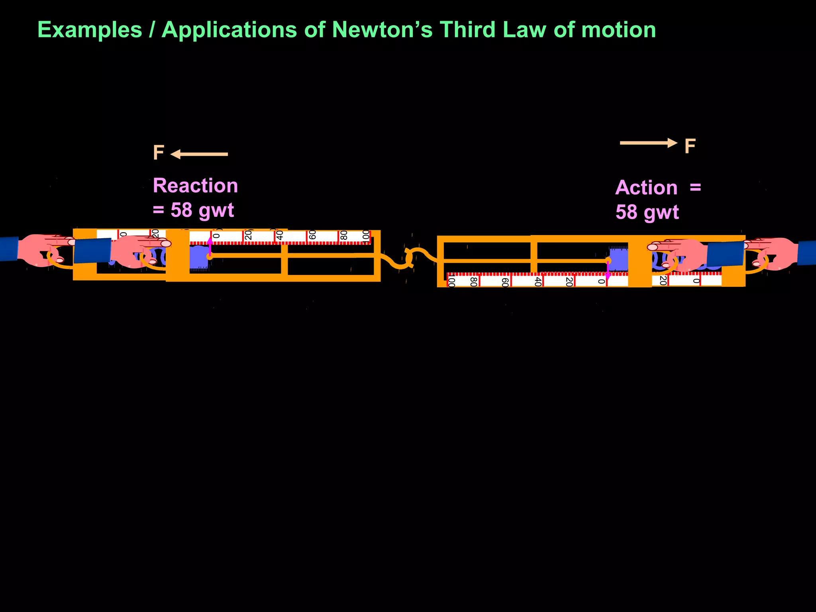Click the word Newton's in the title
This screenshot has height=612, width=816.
[x=382, y=30]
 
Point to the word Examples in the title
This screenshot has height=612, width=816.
[x=90, y=30]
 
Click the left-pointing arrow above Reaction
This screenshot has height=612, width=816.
[x=199, y=154]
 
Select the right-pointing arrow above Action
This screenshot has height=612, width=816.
[x=648, y=143]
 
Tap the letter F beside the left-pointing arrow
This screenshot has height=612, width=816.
[x=159, y=153]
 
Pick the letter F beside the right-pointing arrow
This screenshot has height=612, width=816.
[x=690, y=146]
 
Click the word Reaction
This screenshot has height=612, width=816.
[x=195, y=186]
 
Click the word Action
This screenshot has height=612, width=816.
[x=646, y=188]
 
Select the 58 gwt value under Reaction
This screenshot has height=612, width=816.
[x=202, y=210]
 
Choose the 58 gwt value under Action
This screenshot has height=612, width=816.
[x=647, y=212]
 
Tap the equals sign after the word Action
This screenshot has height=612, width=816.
[x=695, y=187]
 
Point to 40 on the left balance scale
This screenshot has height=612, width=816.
[x=280, y=235]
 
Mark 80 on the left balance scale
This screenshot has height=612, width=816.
[x=344, y=235]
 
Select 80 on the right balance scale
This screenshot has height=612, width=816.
[x=473, y=282]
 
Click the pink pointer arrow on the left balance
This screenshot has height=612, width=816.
[x=210, y=246]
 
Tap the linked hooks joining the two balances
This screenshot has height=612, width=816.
[x=410, y=258]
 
